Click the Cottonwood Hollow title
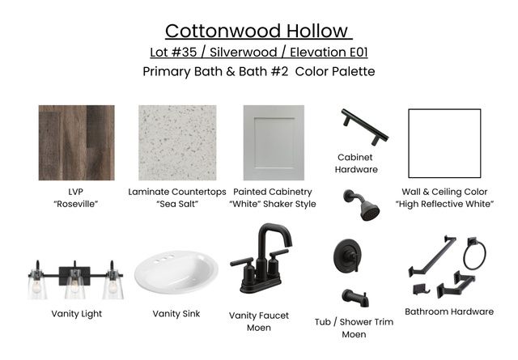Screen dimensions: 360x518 (259, 31)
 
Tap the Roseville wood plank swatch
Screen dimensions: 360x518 (76, 142)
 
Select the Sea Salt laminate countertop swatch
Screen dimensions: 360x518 (176, 142)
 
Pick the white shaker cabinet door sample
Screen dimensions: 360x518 (274, 142)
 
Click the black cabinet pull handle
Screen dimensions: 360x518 (363, 126)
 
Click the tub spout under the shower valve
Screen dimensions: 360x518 (356, 297)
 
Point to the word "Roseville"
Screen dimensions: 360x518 (77, 204)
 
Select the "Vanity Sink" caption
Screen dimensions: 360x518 (177, 313)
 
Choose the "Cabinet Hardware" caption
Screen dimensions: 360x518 (357, 163)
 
